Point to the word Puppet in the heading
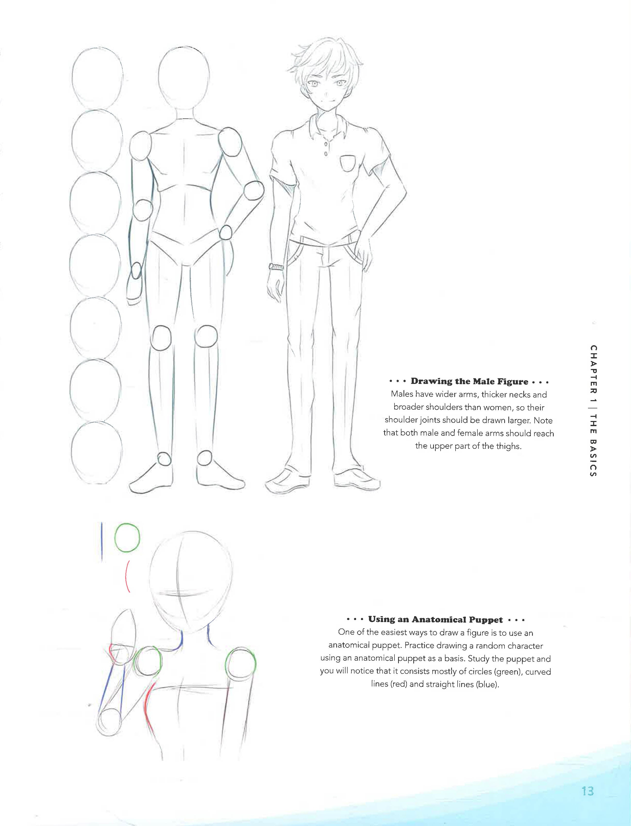486,619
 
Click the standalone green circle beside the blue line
127,538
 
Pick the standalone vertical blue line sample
102,542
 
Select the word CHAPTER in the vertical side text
593,370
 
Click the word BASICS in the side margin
593,458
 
